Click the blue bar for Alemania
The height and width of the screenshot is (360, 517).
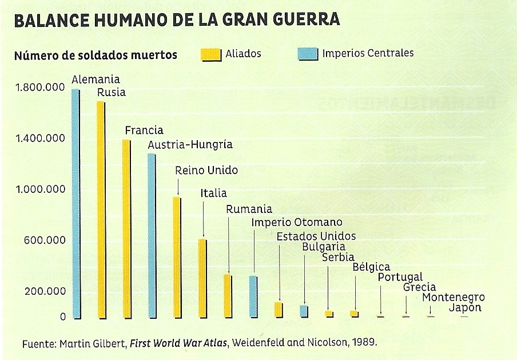coord(75,203)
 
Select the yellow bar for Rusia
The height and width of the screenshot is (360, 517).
coord(101,209)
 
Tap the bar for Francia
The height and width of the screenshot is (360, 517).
coord(126,228)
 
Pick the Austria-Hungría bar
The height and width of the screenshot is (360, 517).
coord(152,235)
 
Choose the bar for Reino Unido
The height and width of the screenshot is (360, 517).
coord(177,257)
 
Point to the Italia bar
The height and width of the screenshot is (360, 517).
coord(202,278)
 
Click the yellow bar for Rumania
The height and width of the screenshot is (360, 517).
coord(228,296)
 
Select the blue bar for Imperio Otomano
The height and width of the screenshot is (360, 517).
coord(253,296)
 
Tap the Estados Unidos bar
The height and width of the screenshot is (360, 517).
coord(279,310)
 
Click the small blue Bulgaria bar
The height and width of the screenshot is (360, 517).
coord(304,311)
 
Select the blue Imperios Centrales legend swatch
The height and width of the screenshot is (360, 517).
coord(307,54)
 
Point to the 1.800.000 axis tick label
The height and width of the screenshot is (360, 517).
coord(40,88)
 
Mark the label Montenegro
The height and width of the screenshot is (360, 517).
coord(454,298)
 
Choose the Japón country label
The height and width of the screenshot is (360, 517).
coord(464,307)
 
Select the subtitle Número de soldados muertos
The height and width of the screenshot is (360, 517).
coord(96,55)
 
